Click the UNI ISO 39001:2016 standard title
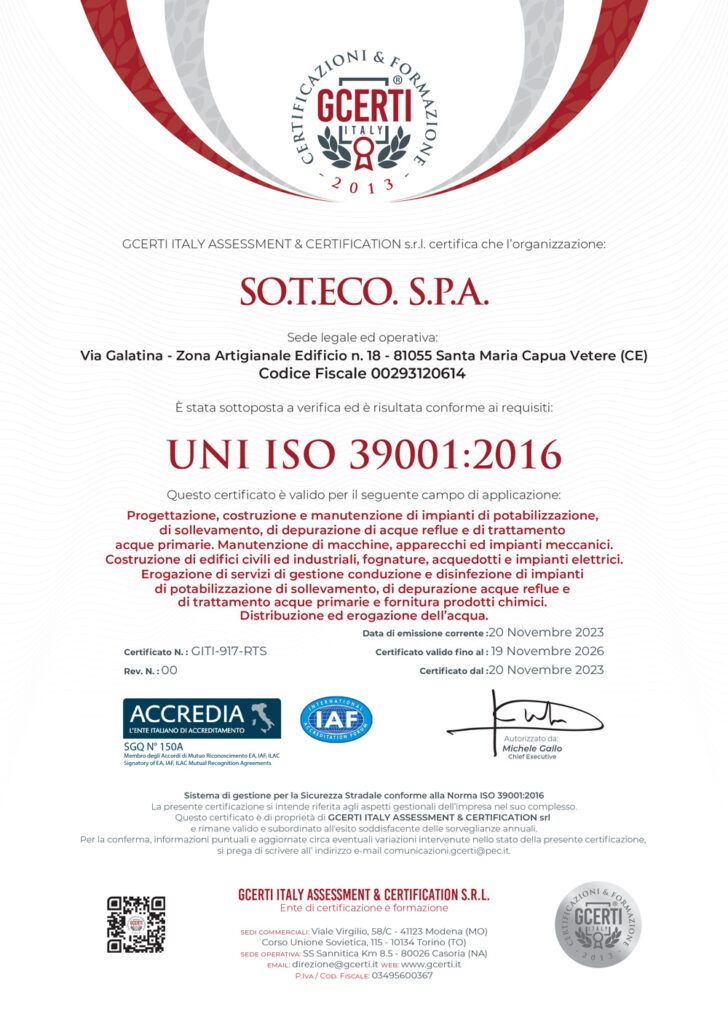tap(364, 454)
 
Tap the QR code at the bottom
tap(136, 924)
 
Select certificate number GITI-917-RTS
tap(229, 651)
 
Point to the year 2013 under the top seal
tap(364, 185)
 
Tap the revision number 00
tap(169, 670)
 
